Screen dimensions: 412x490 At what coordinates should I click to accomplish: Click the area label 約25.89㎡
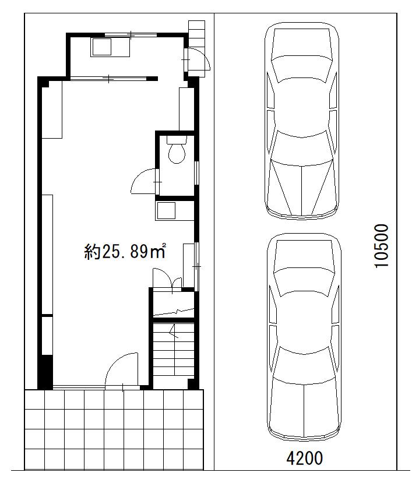pos(124,251)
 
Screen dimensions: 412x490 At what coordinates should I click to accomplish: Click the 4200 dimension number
pos(304,459)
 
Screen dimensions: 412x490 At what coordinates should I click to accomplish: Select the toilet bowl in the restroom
pos(177,153)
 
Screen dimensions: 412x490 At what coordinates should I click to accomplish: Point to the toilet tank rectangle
pos(177,139)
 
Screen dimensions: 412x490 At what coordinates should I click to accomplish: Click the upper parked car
pos(302,121)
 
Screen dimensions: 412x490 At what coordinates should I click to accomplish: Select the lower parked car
pos(304,337)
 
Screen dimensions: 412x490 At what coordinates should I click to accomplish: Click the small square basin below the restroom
pos(166,211)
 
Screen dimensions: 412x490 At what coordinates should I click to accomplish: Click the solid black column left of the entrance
pos(45,372)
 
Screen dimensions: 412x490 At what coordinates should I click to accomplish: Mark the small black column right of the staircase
pos(193,384)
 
